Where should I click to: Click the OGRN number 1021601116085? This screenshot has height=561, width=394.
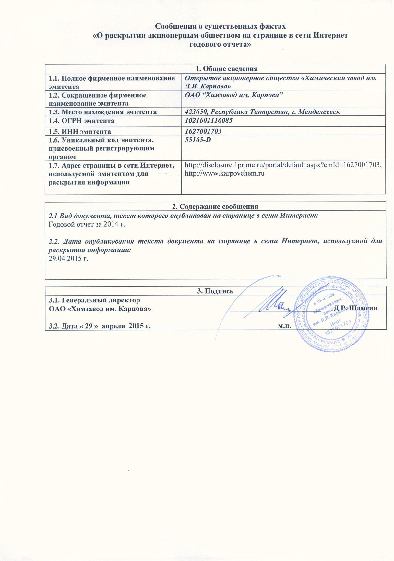(x=209, y=120)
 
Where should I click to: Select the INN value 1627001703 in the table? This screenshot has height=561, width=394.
(x=203, y=131)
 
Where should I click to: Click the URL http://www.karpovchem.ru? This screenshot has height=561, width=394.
(x=224, y=173)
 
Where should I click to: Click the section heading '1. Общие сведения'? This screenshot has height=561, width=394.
(x=227, y=69)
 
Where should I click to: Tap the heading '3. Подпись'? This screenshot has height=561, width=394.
(x=215, y=291)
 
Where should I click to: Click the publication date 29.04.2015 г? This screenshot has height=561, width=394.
(x=68, y=259)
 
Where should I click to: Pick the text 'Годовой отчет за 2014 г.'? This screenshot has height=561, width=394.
(x=87, y=224)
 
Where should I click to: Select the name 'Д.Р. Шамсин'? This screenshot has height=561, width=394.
(x=356, y=308)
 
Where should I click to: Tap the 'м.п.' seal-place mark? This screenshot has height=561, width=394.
(x=284, y=325)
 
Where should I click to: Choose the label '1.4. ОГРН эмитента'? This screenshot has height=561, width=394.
(x=81, y=121)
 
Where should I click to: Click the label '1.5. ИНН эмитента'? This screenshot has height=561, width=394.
(x=80, y=132)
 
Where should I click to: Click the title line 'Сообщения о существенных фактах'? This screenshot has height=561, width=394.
(x=220, y=26)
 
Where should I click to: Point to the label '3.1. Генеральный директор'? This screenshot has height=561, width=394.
(x=94, y=300)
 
